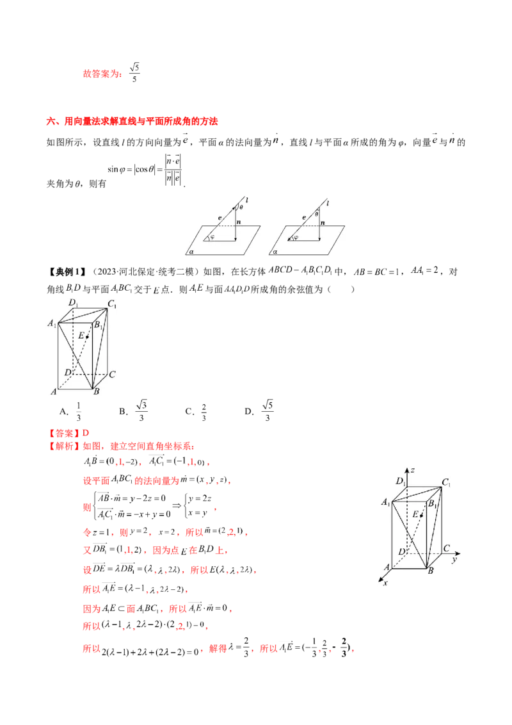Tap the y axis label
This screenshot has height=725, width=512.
(x=452, y=559)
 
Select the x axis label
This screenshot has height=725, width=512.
(x=384, y=584)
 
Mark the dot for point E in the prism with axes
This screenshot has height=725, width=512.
(x=421, y=516)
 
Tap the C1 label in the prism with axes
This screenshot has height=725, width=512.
(x=447, y=482)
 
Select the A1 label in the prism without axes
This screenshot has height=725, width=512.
(x=52, y=324)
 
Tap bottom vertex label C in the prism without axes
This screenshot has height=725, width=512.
(x=112, y=375)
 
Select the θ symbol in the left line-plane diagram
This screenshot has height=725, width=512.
(x=241, y=208)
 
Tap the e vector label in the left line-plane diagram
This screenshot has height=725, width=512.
(x=220, y=218)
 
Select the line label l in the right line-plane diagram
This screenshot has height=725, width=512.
(x=328, y=203)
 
